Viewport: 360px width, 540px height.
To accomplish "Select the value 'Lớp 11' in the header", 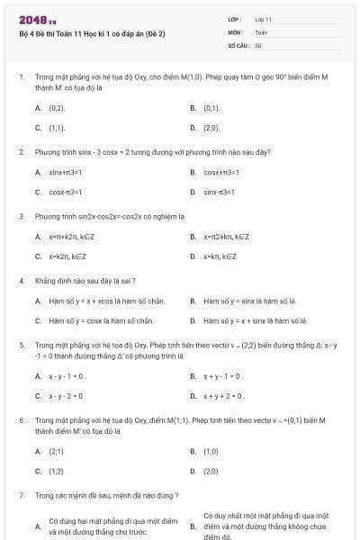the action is [263, 18].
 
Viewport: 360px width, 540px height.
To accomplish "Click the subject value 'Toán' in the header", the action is [261, 31].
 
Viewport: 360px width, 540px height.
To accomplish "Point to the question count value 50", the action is [258, 44].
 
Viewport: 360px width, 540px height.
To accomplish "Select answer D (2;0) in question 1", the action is [211, 128].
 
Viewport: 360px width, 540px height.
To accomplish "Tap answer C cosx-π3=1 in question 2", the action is [66, 192].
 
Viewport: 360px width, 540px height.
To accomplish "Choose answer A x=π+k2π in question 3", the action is [74, 237].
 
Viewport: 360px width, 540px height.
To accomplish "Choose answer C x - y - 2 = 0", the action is [67, 395].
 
